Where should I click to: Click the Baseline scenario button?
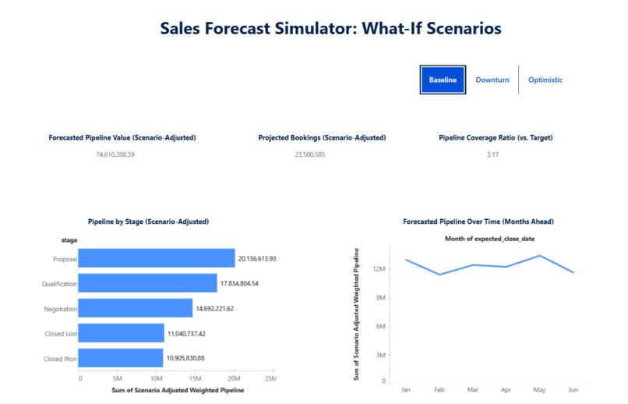pyautogui.click(x=443, y=80)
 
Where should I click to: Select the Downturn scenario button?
pyautogui.click(x=492, y=80)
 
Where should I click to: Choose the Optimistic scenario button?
pyautogui.click(x=545, y=80)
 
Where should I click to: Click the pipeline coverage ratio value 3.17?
pyautogui.click(x=492, y=155)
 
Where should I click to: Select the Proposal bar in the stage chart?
pyautogui.click(x=156, y=258)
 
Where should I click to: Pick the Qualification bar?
pyautogui.click(x=147, y=283)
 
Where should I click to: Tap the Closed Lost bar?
pyautogui.click(x=121, y=333)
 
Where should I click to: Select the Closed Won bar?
pyautogui.click(x=120, y=358)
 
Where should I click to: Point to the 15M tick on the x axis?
pyautogui.click(x=196, y=379)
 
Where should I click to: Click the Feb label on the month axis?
pyautogui.click(x=439, y=388)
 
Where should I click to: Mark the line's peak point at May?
pyautogui.click(x=538, y=255)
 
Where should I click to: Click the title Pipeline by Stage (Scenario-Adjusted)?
pyautogui.click(x=149, y=221)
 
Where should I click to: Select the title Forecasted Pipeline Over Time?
pyautogui.click(x=478, y=221)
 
